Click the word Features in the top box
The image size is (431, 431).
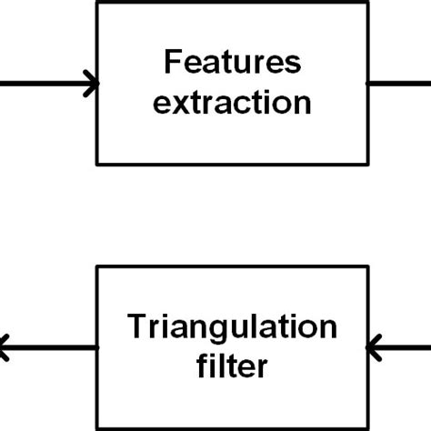click(232, 65)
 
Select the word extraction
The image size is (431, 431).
click(232, 103)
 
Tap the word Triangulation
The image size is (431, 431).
click(232, 327)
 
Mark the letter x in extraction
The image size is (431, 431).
click(177, 104)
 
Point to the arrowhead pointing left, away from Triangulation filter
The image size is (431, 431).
click(5, 346)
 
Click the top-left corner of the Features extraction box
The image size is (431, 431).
click(97, 3)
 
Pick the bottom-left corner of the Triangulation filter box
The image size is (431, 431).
click(97, 428)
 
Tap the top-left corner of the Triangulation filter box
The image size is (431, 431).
click(97, 266)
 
